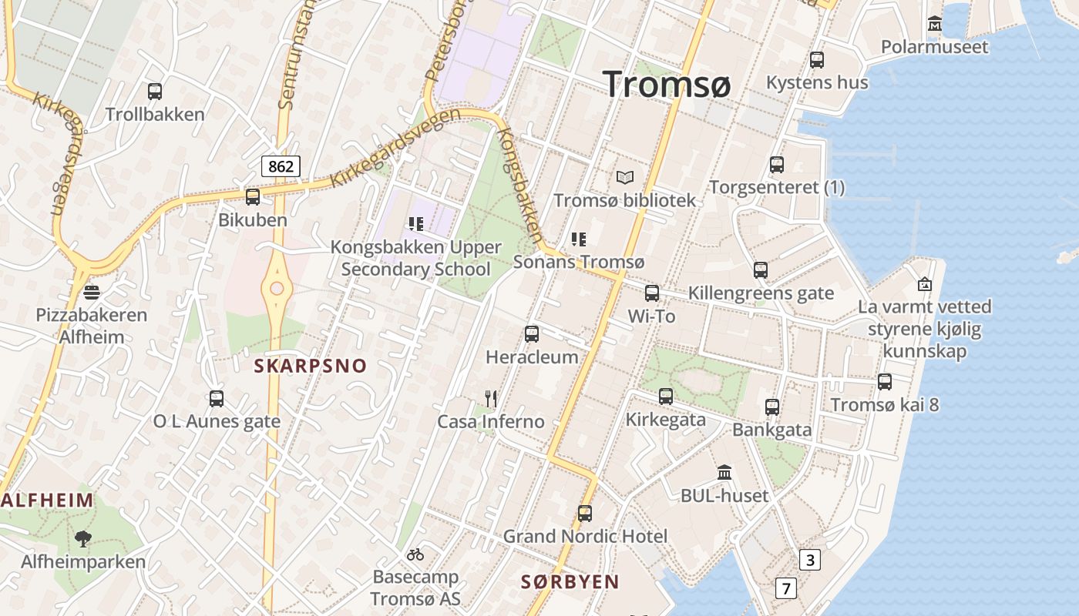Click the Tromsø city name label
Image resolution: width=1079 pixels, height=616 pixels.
[667, 83]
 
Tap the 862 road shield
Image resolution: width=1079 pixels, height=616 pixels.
[280, 166]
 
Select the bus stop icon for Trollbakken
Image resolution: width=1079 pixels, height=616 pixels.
[155, 92]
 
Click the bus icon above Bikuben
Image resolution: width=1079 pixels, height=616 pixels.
[253, 197]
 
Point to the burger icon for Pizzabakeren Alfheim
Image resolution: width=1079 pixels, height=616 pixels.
[92, 293]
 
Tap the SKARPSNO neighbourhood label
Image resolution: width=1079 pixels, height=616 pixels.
[311, 366]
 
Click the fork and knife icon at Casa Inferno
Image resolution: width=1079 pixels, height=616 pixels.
[491, 398]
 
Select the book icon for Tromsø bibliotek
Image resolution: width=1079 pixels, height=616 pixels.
[624, 178]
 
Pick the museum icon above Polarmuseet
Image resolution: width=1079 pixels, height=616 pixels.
[935, 24]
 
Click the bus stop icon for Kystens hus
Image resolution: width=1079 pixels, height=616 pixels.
[817, 60]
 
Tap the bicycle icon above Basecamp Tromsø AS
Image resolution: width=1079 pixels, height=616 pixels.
[415, 554]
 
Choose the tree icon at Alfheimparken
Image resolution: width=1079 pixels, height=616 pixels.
[83, 538]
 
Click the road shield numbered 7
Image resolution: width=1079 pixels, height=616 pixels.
[785, 589]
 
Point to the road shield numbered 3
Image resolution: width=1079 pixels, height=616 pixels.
[809, 560]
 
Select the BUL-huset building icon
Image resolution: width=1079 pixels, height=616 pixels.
[724, 472]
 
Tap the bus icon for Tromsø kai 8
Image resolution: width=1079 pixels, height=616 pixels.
[885, 382]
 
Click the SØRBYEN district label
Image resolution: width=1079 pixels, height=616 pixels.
[570, 582]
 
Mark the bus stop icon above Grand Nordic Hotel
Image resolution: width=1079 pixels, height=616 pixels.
[585, 514]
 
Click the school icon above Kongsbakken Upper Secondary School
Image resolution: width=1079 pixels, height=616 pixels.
[416, 224]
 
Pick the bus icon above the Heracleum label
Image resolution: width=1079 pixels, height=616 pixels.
[532, 334]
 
